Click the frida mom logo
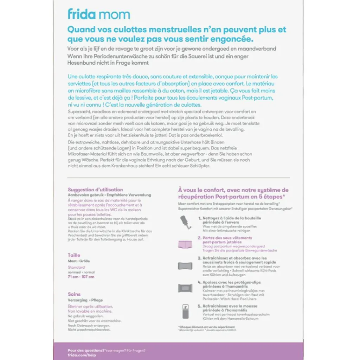(99, 14)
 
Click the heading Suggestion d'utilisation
(95, 189)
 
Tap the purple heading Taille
(74, 255)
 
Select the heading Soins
(74, 294)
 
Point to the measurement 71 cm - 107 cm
(81, 277)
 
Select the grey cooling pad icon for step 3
(185, 265)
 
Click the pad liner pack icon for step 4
(185, 288)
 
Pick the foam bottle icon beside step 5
(185, 311)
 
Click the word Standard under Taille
(76, 267)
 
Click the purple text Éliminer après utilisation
(90, 307)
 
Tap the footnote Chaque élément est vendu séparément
(201, 327)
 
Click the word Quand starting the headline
(81, 30)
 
